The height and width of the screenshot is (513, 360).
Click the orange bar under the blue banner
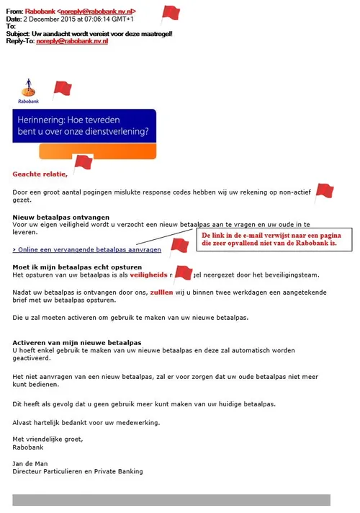pos(97,152)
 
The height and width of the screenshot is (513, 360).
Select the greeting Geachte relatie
pos(40,174)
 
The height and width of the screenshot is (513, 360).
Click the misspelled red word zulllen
pos(157,293)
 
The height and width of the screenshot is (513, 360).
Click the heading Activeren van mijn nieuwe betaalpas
pos(76,342)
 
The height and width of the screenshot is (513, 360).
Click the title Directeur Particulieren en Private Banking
pos(78,471)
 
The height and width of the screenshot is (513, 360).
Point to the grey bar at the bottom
pos(171,499)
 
